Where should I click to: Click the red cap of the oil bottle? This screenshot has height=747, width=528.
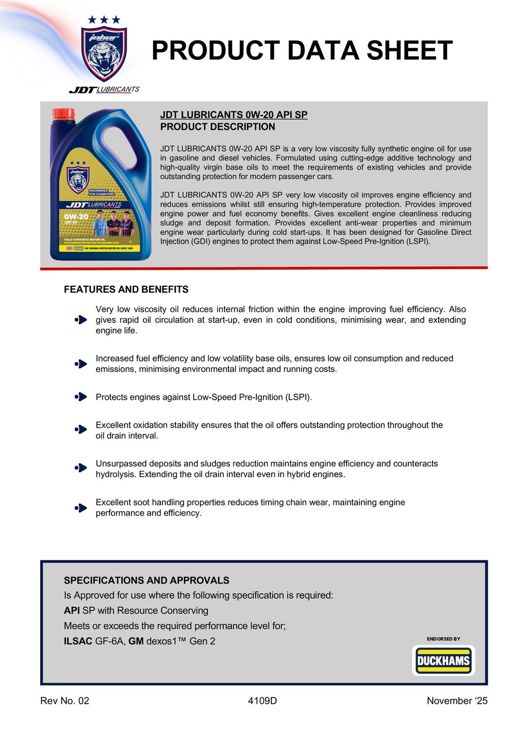tap(64, 114)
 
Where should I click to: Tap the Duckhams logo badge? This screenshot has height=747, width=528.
tap(443, 661)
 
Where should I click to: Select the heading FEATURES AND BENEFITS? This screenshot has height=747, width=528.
tap(126, 289)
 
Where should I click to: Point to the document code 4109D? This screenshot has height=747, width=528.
tap(262, 701)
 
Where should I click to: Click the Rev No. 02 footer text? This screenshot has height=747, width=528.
tap(64, 701)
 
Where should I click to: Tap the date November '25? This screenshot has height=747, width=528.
tap(457, 701)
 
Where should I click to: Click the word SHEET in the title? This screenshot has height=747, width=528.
tap(409, 51)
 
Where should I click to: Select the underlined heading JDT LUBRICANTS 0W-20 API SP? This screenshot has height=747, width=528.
tap(234, 115)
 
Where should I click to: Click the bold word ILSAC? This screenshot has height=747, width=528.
tap(78, 641)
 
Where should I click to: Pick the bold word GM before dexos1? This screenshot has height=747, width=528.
tap(136, 641)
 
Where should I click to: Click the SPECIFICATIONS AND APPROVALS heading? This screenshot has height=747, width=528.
tap(146, 580)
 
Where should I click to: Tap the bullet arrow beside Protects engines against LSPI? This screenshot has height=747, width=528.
tap(81, 397)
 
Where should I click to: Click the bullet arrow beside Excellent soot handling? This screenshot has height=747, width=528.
tap(81, 508)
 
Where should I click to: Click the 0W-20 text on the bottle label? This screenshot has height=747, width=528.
tap(76, 217)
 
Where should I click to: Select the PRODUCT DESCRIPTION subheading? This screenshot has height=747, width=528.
tap(218, 127)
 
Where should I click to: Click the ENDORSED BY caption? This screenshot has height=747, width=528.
tap(443, 639)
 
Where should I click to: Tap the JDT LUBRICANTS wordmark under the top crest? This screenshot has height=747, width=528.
tap(104, 90)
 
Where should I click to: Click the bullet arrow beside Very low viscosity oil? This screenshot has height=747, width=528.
tap(81, 320)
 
